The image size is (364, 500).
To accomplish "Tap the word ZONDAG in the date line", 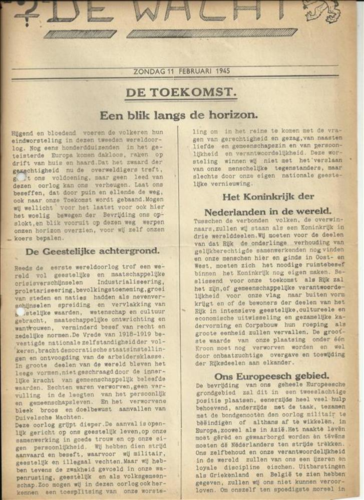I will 149,71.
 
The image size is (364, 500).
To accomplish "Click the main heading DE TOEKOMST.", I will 180,92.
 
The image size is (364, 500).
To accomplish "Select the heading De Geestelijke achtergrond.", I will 93,251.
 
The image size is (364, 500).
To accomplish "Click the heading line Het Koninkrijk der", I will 268,196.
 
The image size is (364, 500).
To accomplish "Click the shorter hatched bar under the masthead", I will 80,34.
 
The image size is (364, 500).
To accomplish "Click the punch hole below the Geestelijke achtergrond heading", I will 20,311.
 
